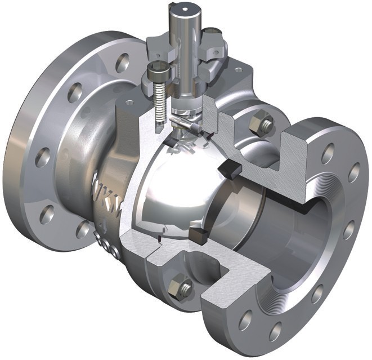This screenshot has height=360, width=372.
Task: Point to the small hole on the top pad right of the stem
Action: pos(238,70)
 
